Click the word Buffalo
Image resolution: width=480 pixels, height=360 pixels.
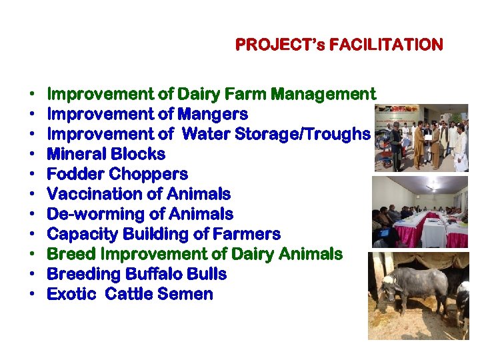(x=145, y=274)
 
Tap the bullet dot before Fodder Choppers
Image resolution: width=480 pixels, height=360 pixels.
(x=31, y=175)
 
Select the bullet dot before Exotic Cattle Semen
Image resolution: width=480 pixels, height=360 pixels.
(x=31, y=295)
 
